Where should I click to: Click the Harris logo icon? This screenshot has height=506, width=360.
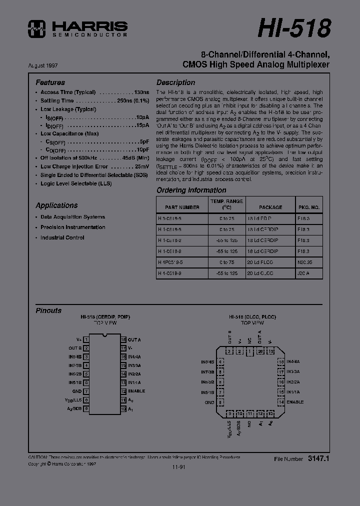click(x=37, y=28)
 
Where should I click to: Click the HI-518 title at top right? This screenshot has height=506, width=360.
click(x=294, y=27)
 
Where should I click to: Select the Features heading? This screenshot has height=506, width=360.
click(x=50, y=82)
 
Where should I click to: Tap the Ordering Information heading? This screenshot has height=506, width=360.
click(x=191, y=190)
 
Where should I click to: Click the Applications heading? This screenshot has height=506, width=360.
click(x=56, y=205)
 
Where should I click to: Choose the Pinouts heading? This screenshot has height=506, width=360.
click(x=48, y=310)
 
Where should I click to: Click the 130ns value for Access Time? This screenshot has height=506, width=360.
click(x=141, y=92)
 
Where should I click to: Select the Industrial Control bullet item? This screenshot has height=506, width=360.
click(x=62, y=237)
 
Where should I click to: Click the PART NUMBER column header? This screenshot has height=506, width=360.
click(x=182, y=207)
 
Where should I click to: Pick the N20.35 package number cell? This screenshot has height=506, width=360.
click(x=304, y=262)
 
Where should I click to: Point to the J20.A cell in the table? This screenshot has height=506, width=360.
click(x=304, y=273)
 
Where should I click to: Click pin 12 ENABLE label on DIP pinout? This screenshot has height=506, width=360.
click(x=136, y=391)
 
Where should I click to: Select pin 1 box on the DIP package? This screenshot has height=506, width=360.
click(x=86, y=339)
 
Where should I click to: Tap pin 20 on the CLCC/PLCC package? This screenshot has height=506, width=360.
click(x=260, y=351)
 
